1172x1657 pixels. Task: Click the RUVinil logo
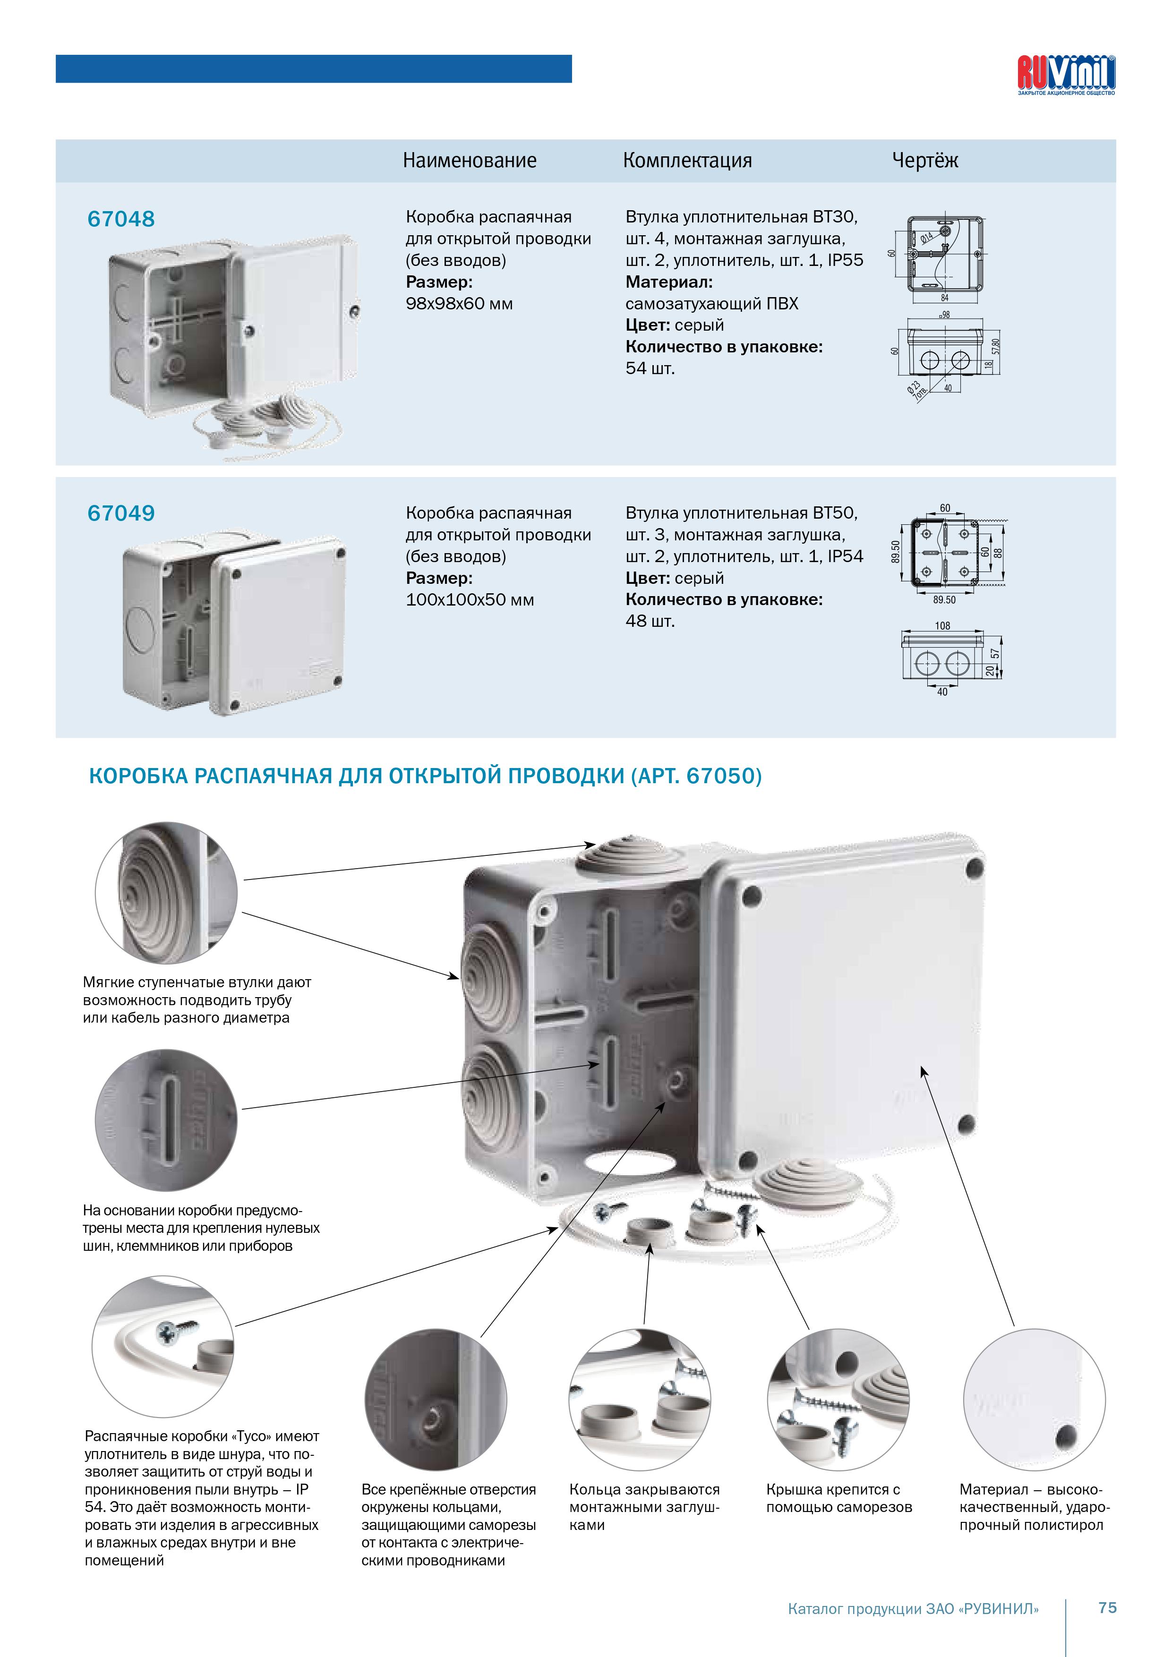point(1066,75)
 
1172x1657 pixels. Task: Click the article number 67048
point(121,219)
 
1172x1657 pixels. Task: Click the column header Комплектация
point(687,160)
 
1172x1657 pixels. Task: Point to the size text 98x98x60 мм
point(459,304)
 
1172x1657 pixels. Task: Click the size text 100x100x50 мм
point(470,600)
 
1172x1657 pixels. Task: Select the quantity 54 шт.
point(650,369)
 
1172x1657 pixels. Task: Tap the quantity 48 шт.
point(650,622)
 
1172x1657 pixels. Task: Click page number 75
point(1107,1607)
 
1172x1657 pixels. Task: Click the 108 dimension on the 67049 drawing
point(942,626)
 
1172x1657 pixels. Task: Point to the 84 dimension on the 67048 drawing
point(945,297)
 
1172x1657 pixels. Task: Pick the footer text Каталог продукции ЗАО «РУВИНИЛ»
point(913,1609)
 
